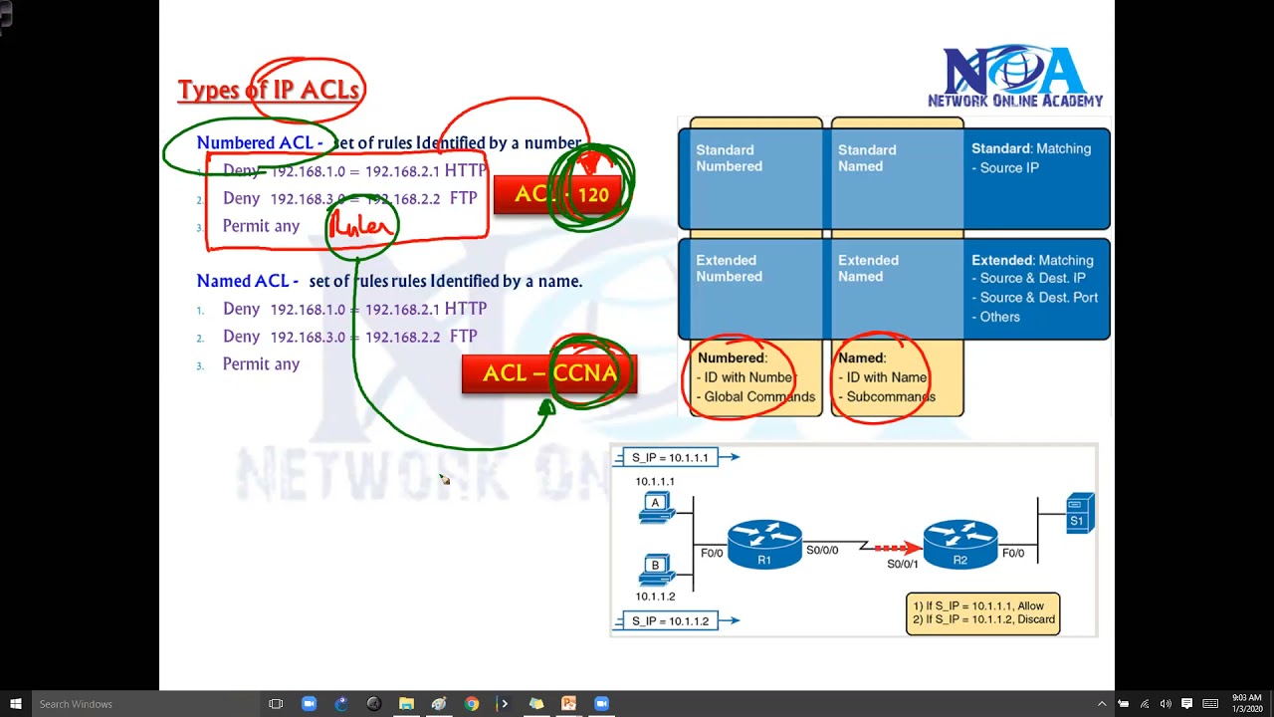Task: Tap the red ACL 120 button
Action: pyautogui.click(x=558, y=195)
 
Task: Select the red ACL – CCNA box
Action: pyautogui.click(x=548, y=374)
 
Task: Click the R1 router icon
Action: pyautogui.click(x=764, y=544)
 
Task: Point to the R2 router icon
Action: pyautogui.click(x=959, y=544)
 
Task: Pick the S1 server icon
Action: pyautogui.click(x=1079, y=513)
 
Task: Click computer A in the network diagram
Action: pyautogui.click(x=656, y=508)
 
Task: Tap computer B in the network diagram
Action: pyautogui.click(x=656, y=570)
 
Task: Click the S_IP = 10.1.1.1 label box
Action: pyautogui.click(x=670, y=457)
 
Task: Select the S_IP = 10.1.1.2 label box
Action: pyautogui.click(x=670, y=620)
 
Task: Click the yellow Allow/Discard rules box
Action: pyautogui.click(x=982, y=613)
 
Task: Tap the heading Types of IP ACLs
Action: pyautogui.click(x=269, y=90)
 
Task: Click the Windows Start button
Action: pyautogui.click(x=16, y=704)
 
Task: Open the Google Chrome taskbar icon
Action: pyautogui.click(x=472, y=704)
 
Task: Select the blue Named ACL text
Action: pyautogui.click(x=247, y=281)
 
